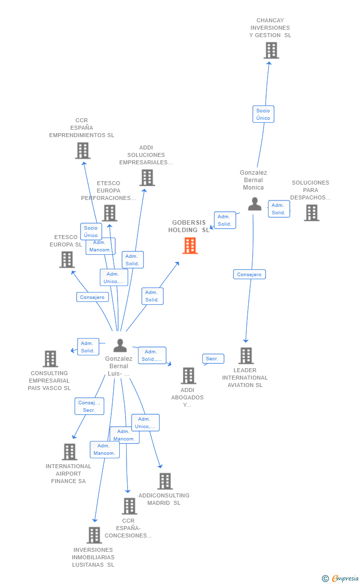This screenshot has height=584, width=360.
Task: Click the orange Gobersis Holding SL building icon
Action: [x=190, y=245]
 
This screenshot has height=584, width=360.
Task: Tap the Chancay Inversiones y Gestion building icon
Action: [x=271, y=50]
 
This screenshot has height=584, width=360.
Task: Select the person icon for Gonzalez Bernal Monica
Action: [x=255, y=204]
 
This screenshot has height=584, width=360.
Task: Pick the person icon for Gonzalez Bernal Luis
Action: [x=120, y=345]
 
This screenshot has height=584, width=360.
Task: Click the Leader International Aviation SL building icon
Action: [x=246, y=355]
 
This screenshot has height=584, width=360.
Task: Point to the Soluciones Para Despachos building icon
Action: [x=312, y=212]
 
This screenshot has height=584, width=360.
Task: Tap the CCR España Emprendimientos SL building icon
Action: [x=83, y=150]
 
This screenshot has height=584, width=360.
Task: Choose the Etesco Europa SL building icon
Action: [x=67, y=259]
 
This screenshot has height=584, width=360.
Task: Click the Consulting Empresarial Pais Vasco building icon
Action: [x=50, y=359]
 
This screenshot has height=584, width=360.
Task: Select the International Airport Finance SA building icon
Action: [x=70, y=451]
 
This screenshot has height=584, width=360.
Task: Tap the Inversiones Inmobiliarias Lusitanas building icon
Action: [x=94, y=535]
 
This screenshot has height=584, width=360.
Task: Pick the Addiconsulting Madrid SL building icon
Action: [x=165, y=481]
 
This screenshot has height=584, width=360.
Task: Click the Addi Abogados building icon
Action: [x=188, y=376]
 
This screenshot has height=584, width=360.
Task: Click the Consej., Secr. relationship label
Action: [x=90, y=406]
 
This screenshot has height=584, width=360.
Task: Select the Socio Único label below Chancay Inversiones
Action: [x=263, y=114]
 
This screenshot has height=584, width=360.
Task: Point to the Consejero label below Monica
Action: [x=249, y=274]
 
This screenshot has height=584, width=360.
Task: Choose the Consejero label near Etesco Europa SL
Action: [x=92, y=297]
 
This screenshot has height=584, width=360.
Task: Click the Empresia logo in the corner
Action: [x=341, y=578]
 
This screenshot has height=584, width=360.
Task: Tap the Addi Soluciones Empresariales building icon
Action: [x=147, y=178]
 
